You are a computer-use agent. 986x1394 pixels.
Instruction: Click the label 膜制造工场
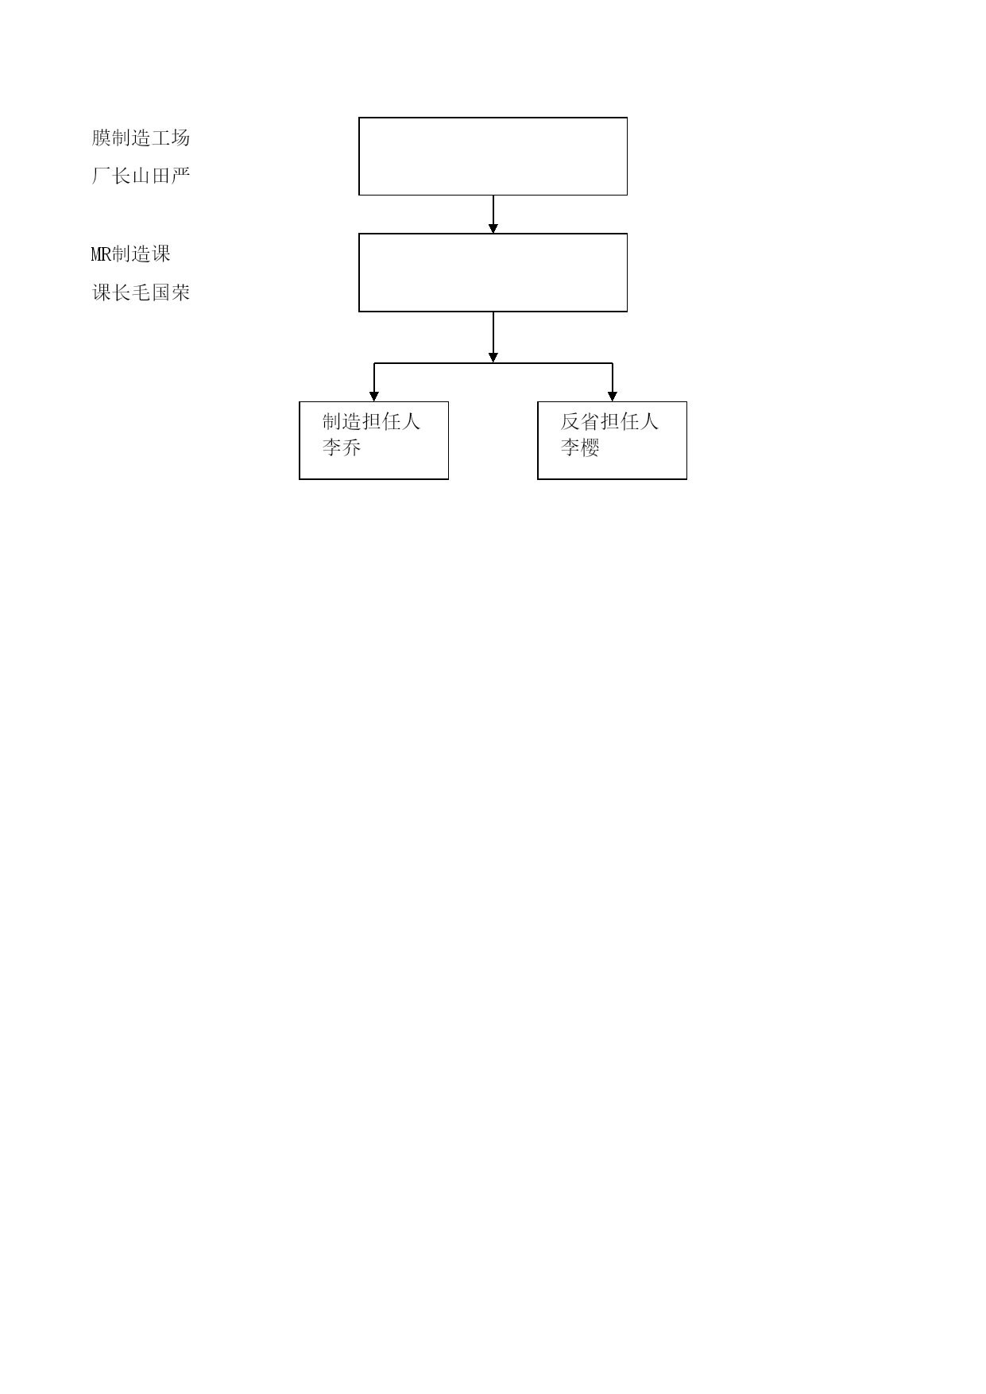[x=141, y=138]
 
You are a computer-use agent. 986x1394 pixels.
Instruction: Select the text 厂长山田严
[x=141, y=176]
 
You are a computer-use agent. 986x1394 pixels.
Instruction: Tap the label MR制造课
[x=131, y=254]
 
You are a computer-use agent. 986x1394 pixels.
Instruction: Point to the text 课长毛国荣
[x=141, y=292]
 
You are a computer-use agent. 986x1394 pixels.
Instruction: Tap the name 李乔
[x=342, y=447]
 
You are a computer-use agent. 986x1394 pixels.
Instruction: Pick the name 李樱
[x=580, y=447]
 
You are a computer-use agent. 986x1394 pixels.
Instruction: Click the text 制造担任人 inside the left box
[x=371, y=421]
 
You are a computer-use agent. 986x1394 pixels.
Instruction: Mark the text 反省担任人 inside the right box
[x=609, y=421]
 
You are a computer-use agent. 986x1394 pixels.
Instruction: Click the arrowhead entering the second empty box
[x=493, y=228]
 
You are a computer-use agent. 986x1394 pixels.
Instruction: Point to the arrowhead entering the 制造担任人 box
[x=373, y=397]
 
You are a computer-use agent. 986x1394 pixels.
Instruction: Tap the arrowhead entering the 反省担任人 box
[x=612, y=397]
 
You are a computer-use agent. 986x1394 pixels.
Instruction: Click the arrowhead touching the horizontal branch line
[x=493, y=358]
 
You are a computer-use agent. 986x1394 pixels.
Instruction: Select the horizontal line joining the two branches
[x=493, y=364]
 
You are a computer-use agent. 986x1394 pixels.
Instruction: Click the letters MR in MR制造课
[x=101, y=254]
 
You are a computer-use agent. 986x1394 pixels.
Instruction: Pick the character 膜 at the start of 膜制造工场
[x=101, y=138]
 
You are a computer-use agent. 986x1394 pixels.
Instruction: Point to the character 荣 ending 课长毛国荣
[x=180, y=292]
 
